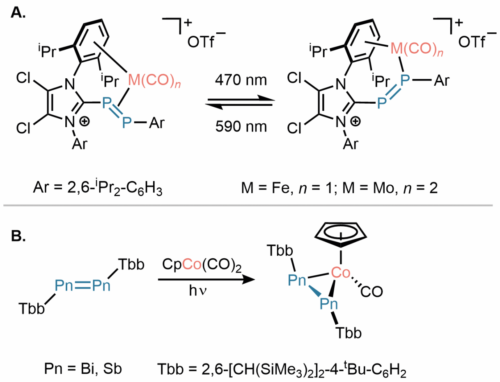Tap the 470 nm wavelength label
pyautogui.click(x=241, y=80)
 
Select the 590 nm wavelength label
pyautogui.click(x=241, y=126)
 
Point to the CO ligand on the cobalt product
pyautogui.click(x=372, y=291)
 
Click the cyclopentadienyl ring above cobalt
pyautogui.click(x=341, y=234)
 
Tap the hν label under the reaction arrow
pyautogui.click(x=197, y=291)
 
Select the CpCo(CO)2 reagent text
pyautogui.click(x=202, y=265)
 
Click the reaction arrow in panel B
pyautogui.click(x=206, y=280)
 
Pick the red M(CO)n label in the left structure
pyautogui.click(x=154, y=81)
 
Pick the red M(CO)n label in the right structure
pyautogui.click(x=417, y=49)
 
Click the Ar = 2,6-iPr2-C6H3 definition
pyautogui.click(x=98, y=189)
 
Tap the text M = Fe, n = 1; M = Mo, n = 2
pyautogui.click(x=339, y=188)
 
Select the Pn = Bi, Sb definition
pyautogui.click(x=83, y=368)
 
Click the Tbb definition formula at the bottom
pyautogui.click(x=282, y=369)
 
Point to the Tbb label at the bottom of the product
pyautogui.click(x=349, y=333)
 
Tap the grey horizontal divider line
pyautogui.click(x=248, y=206)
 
